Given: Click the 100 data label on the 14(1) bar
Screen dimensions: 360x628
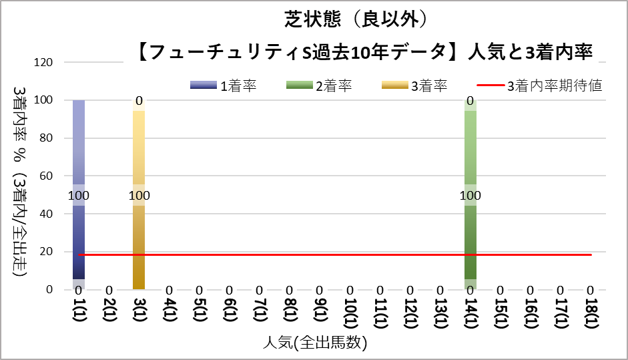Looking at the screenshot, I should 470,195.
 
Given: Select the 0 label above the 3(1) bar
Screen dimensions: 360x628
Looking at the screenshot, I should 139,102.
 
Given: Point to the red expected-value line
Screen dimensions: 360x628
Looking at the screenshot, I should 334,254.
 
